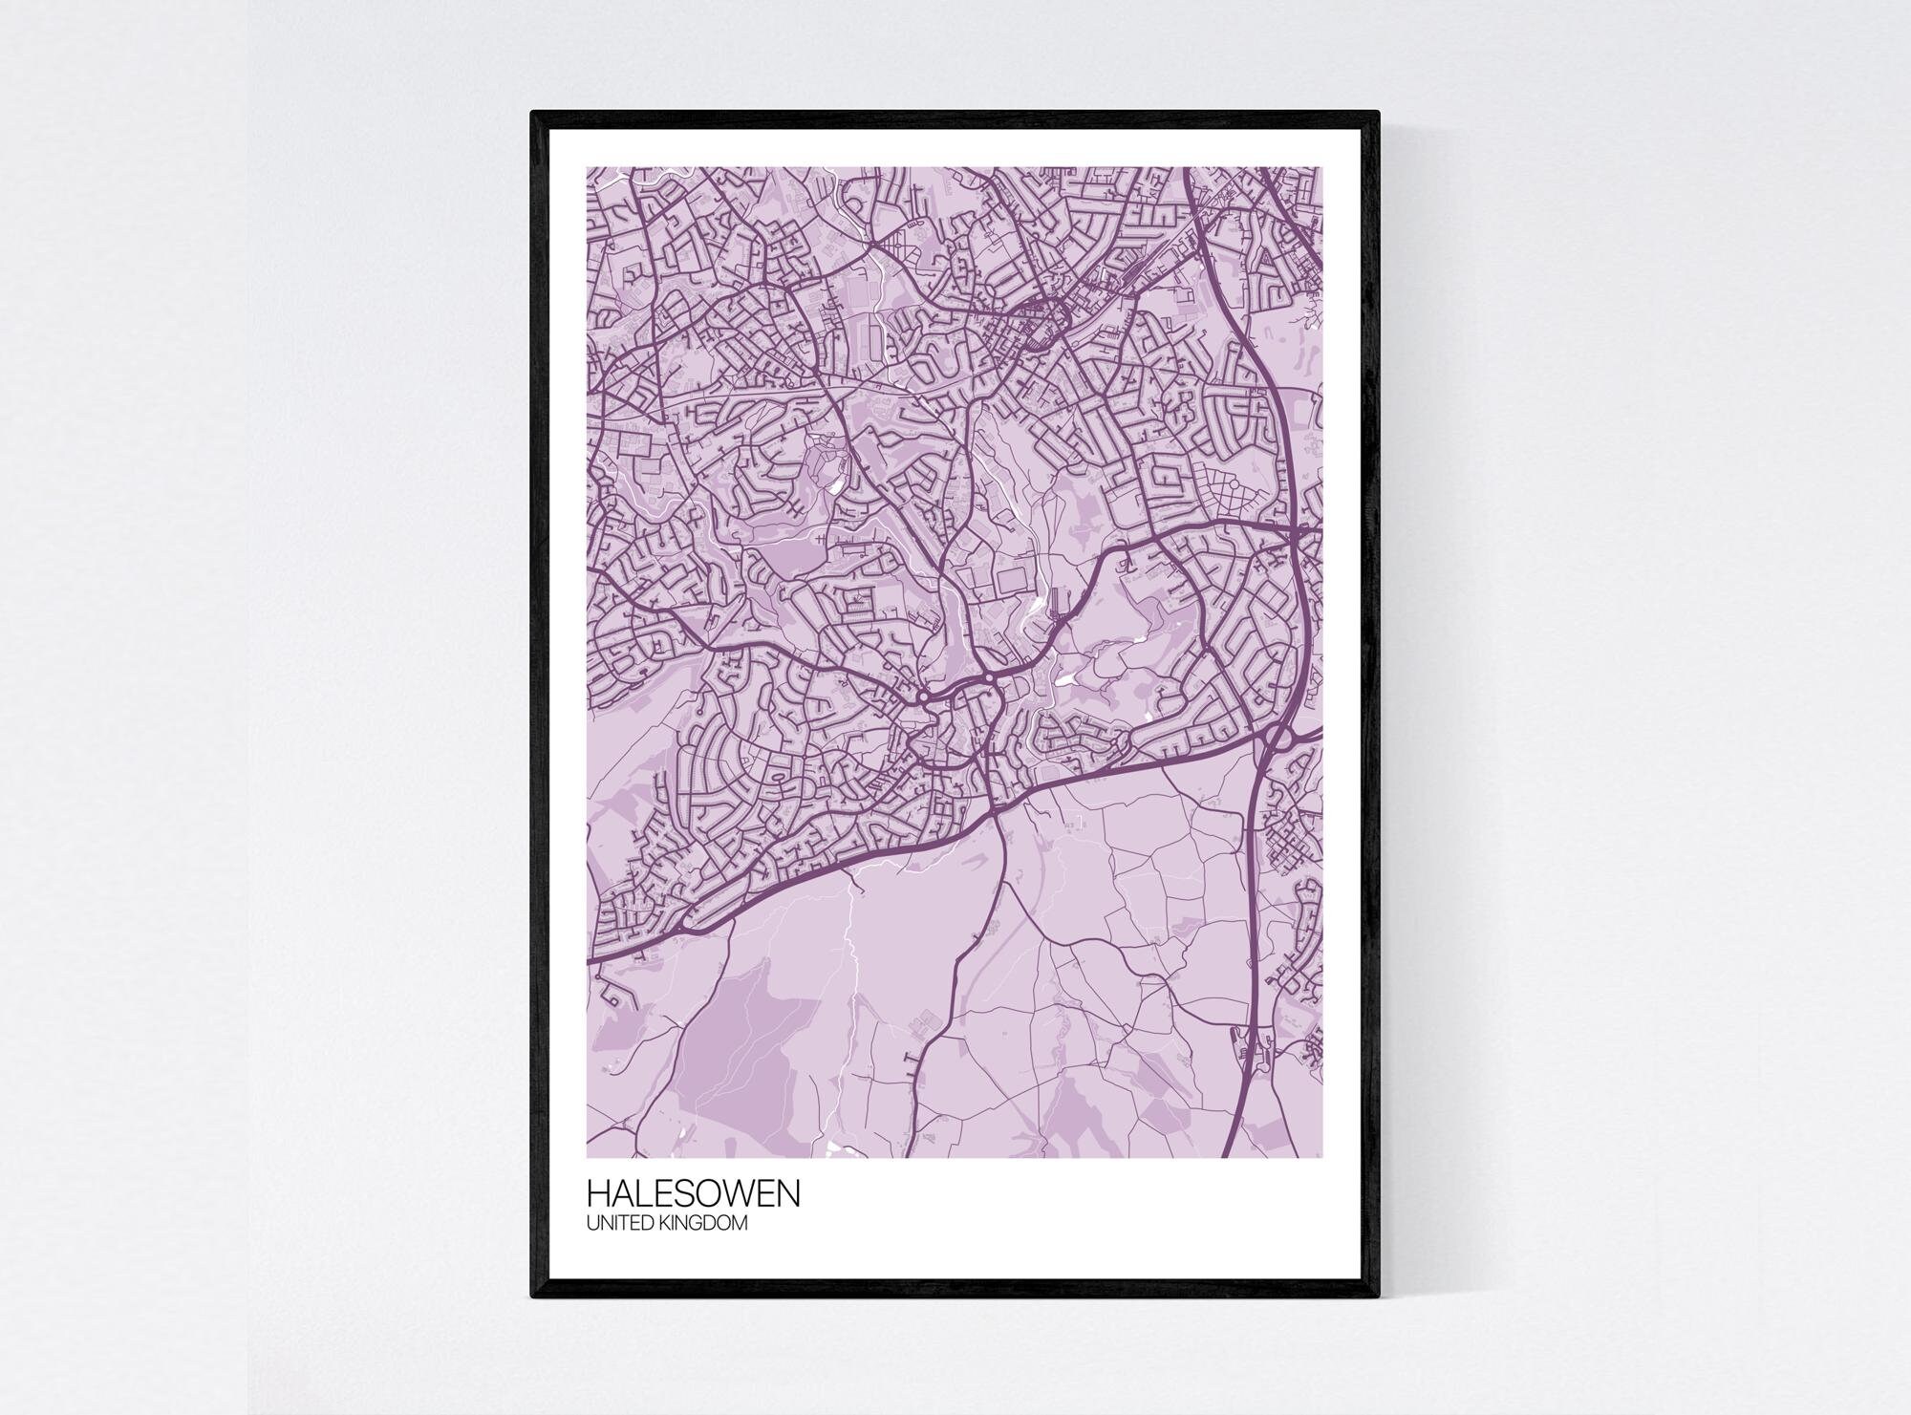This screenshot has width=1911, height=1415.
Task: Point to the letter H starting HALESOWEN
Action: coord(596,1194)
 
